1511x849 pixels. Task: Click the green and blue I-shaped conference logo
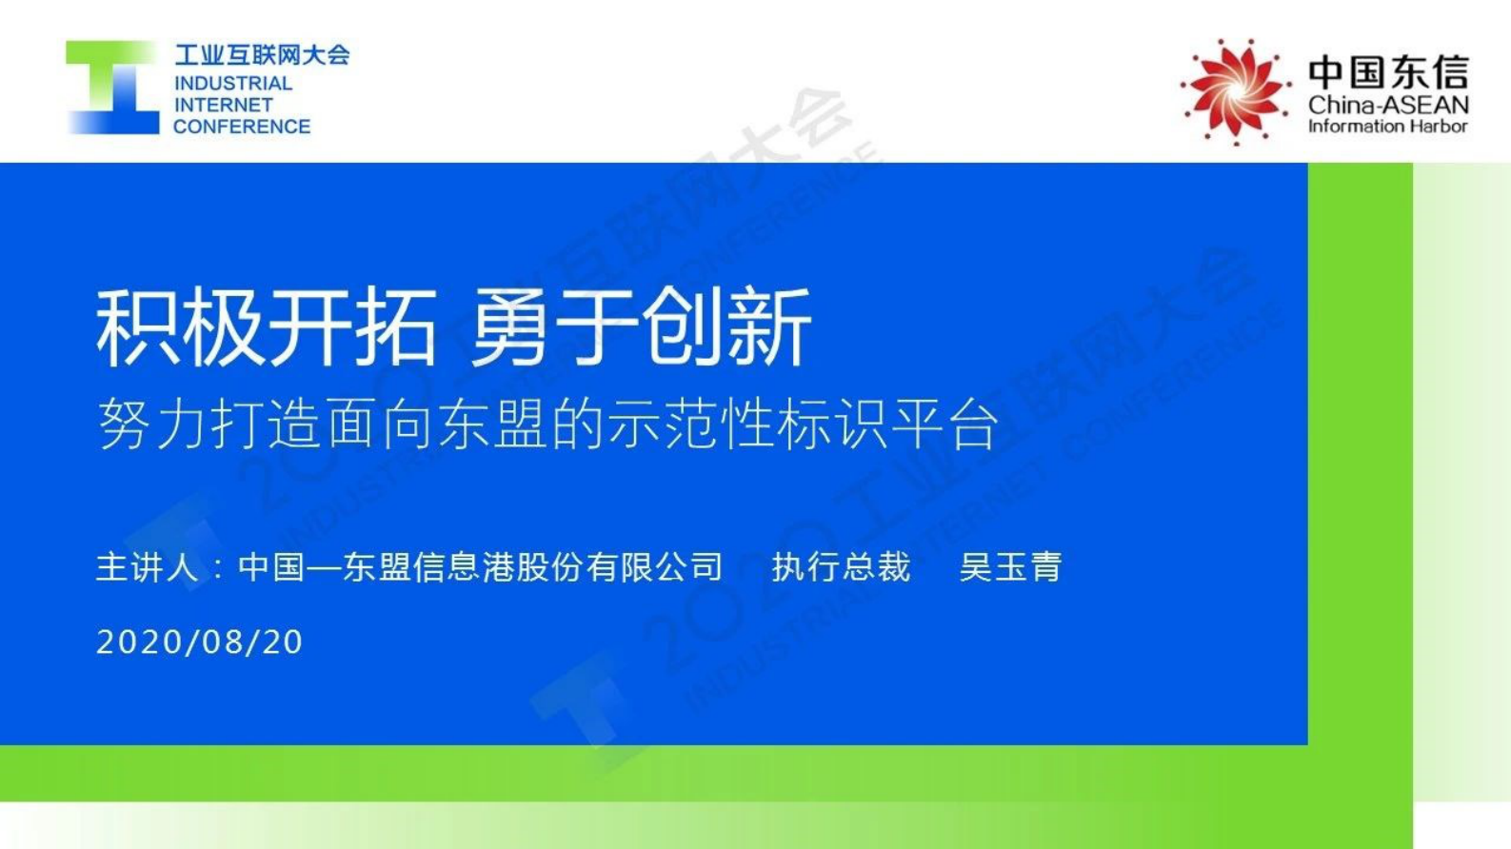[112, 88]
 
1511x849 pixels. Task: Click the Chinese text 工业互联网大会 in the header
[262, 54]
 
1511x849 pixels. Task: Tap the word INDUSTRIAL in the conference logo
[233, 84]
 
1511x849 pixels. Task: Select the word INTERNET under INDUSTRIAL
[224, 105]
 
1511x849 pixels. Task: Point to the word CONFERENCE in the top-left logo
[242, 127]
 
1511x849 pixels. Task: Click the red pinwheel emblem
[1233, 91]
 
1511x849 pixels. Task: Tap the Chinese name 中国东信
[1388, 72]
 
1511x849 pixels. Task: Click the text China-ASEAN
[1388, 105]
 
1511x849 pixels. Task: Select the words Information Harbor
[1388, 127]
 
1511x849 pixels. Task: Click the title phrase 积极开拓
[267, 328]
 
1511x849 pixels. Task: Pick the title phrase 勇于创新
[641, 328]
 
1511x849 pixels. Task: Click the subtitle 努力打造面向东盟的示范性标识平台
[547, 424]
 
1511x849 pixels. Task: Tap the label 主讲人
[148, 567]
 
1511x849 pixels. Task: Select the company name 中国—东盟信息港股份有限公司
[481, 567]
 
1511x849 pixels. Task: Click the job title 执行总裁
[841, 567]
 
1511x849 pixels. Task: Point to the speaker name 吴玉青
[1010, 567]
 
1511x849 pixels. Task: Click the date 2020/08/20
[200, 642]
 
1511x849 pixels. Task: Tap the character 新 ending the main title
[769, 328]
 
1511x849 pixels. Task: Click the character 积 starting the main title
[138, 328]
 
